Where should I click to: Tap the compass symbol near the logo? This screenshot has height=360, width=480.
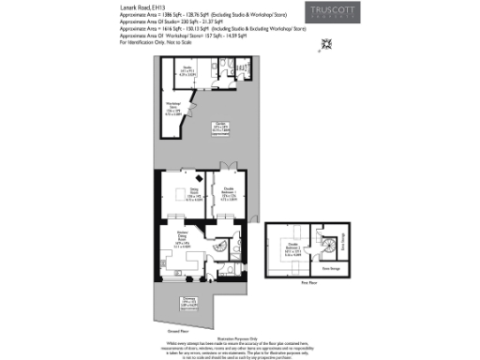tap(327, 43)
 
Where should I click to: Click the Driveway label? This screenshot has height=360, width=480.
tap(187, 304)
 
